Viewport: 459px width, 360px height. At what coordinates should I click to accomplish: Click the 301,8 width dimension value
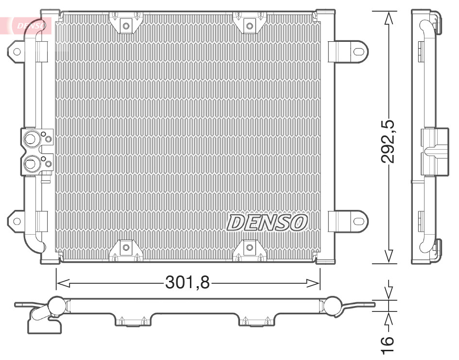187,282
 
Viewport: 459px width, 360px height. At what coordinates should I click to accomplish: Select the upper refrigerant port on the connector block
31,139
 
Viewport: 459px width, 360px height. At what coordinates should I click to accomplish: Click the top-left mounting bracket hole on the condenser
126,25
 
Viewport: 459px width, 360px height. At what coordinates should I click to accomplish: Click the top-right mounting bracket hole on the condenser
249,25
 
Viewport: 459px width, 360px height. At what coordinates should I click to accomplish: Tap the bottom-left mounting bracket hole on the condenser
126,248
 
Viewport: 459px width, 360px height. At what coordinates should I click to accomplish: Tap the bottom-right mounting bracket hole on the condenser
249,248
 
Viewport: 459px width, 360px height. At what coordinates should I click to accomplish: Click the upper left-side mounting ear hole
17,51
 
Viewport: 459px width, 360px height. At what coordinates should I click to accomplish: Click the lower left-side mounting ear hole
17,221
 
